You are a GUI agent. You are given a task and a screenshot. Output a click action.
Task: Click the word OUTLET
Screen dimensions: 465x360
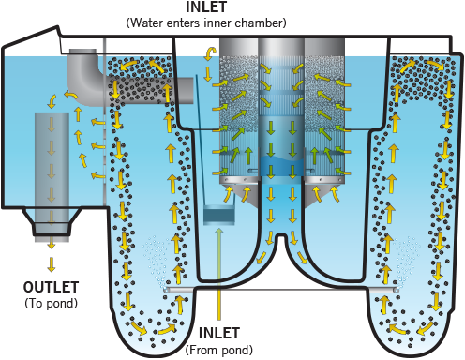point(51,287)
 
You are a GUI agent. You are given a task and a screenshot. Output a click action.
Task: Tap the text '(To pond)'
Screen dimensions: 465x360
point(51,303)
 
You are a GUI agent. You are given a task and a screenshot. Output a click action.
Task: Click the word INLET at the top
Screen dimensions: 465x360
point(206,7)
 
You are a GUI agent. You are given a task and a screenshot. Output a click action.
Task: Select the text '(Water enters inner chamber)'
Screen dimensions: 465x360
point(206,22)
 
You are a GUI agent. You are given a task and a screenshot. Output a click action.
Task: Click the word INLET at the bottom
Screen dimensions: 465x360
point(219,333)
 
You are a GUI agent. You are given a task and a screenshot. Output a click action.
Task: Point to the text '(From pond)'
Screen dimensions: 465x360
point(219,350)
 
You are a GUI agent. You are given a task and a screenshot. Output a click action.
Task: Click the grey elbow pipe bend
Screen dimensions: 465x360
point(82,78)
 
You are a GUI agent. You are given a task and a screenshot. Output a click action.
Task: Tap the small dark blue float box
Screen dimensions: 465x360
point(218,215)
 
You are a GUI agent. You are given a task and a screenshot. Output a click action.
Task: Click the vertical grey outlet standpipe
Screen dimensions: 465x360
point(52,176)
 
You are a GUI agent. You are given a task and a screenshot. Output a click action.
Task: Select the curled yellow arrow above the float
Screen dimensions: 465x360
point(208,53)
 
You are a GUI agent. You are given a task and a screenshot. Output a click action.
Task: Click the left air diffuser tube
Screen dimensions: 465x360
point(179,290)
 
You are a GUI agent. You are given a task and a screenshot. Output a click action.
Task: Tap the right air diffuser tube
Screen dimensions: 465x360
point(384,290)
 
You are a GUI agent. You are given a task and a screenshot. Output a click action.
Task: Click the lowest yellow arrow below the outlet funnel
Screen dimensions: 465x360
point(52,264)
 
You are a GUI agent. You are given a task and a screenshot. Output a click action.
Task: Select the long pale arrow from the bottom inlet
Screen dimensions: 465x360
point(219,274)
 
